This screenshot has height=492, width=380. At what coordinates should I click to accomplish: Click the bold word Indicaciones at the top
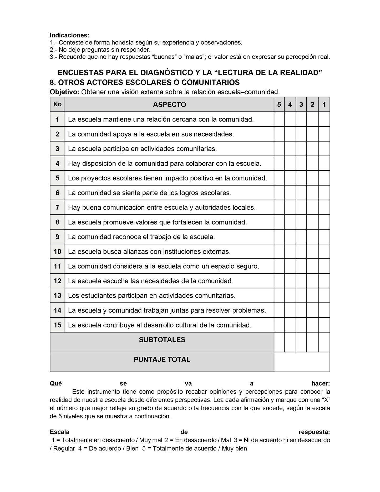[x=69, y=35]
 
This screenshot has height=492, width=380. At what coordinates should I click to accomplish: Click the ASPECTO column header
[x=169, y=105]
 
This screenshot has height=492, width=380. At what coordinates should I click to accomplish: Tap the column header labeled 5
[x=279, y=105]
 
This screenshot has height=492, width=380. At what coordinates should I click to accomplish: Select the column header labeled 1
[x=324, y=105]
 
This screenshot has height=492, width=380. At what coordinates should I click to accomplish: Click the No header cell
[x=57, y=104]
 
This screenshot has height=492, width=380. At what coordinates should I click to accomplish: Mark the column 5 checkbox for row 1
[x=279, y=119]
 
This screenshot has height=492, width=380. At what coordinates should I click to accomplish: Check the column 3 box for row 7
[x=301, y=208]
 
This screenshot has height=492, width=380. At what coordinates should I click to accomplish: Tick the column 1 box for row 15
[x=324, y=325]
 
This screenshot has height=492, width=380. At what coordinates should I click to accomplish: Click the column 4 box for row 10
[x=290, y=252]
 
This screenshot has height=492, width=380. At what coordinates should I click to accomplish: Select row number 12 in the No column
[x=57, y=281]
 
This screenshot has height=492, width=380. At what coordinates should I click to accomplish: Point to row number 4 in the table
[x=57, y=164]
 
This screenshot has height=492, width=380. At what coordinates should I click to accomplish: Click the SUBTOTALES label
[x=162, y=340]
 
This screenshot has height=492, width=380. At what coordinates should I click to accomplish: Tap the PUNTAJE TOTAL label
[x=162, y=360]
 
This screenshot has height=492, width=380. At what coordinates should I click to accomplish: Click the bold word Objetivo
[x=64, y=92]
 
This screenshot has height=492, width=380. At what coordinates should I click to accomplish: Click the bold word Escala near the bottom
[x=60, y=432]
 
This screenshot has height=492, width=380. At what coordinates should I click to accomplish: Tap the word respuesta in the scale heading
[x=314, y=432]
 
